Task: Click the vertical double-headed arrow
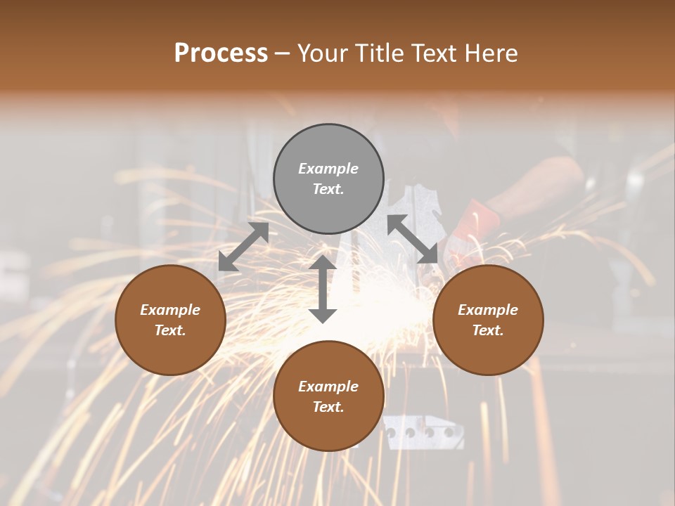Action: point(323,289)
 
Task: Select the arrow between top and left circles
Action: point(243,247)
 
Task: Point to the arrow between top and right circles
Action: point(413,239)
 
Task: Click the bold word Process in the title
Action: point(221,53)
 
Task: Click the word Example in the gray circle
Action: point(328,169)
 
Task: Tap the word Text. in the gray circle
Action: point(328,189)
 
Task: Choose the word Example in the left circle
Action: point(170,310)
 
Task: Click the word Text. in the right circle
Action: point(488,330)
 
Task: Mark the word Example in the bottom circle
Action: point(328,387)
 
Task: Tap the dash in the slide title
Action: point(283,53)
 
